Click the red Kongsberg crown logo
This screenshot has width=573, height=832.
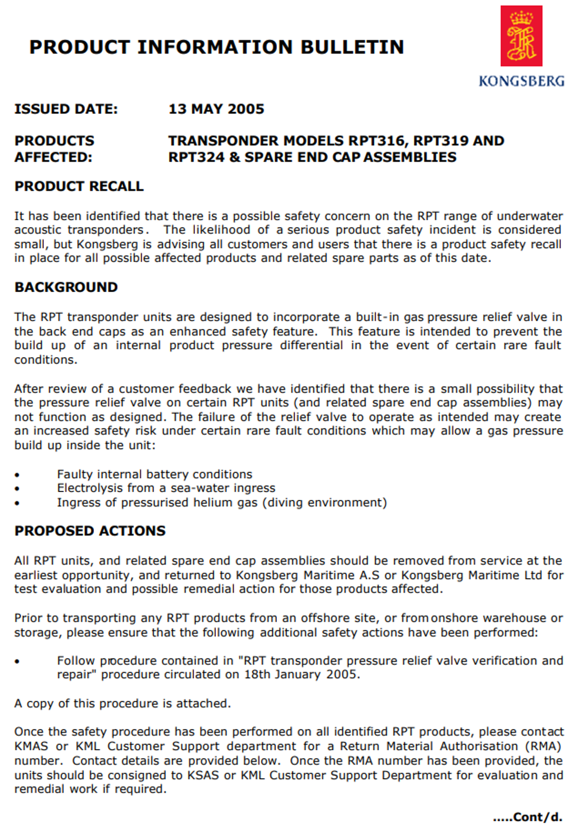521,36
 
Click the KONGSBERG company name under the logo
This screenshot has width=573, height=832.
521,81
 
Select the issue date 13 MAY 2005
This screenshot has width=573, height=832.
216,109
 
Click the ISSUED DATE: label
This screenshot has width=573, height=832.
66,109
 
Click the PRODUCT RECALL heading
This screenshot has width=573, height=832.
79,186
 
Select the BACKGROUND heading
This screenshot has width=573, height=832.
66,287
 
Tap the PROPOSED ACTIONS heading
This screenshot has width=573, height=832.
90,531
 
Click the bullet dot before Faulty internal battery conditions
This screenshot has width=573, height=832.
17,475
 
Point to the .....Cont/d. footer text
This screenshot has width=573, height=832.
528,817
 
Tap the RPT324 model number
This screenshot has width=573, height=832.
196,158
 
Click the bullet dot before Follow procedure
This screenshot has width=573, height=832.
17,662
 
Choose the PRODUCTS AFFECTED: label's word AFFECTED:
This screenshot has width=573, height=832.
53,158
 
